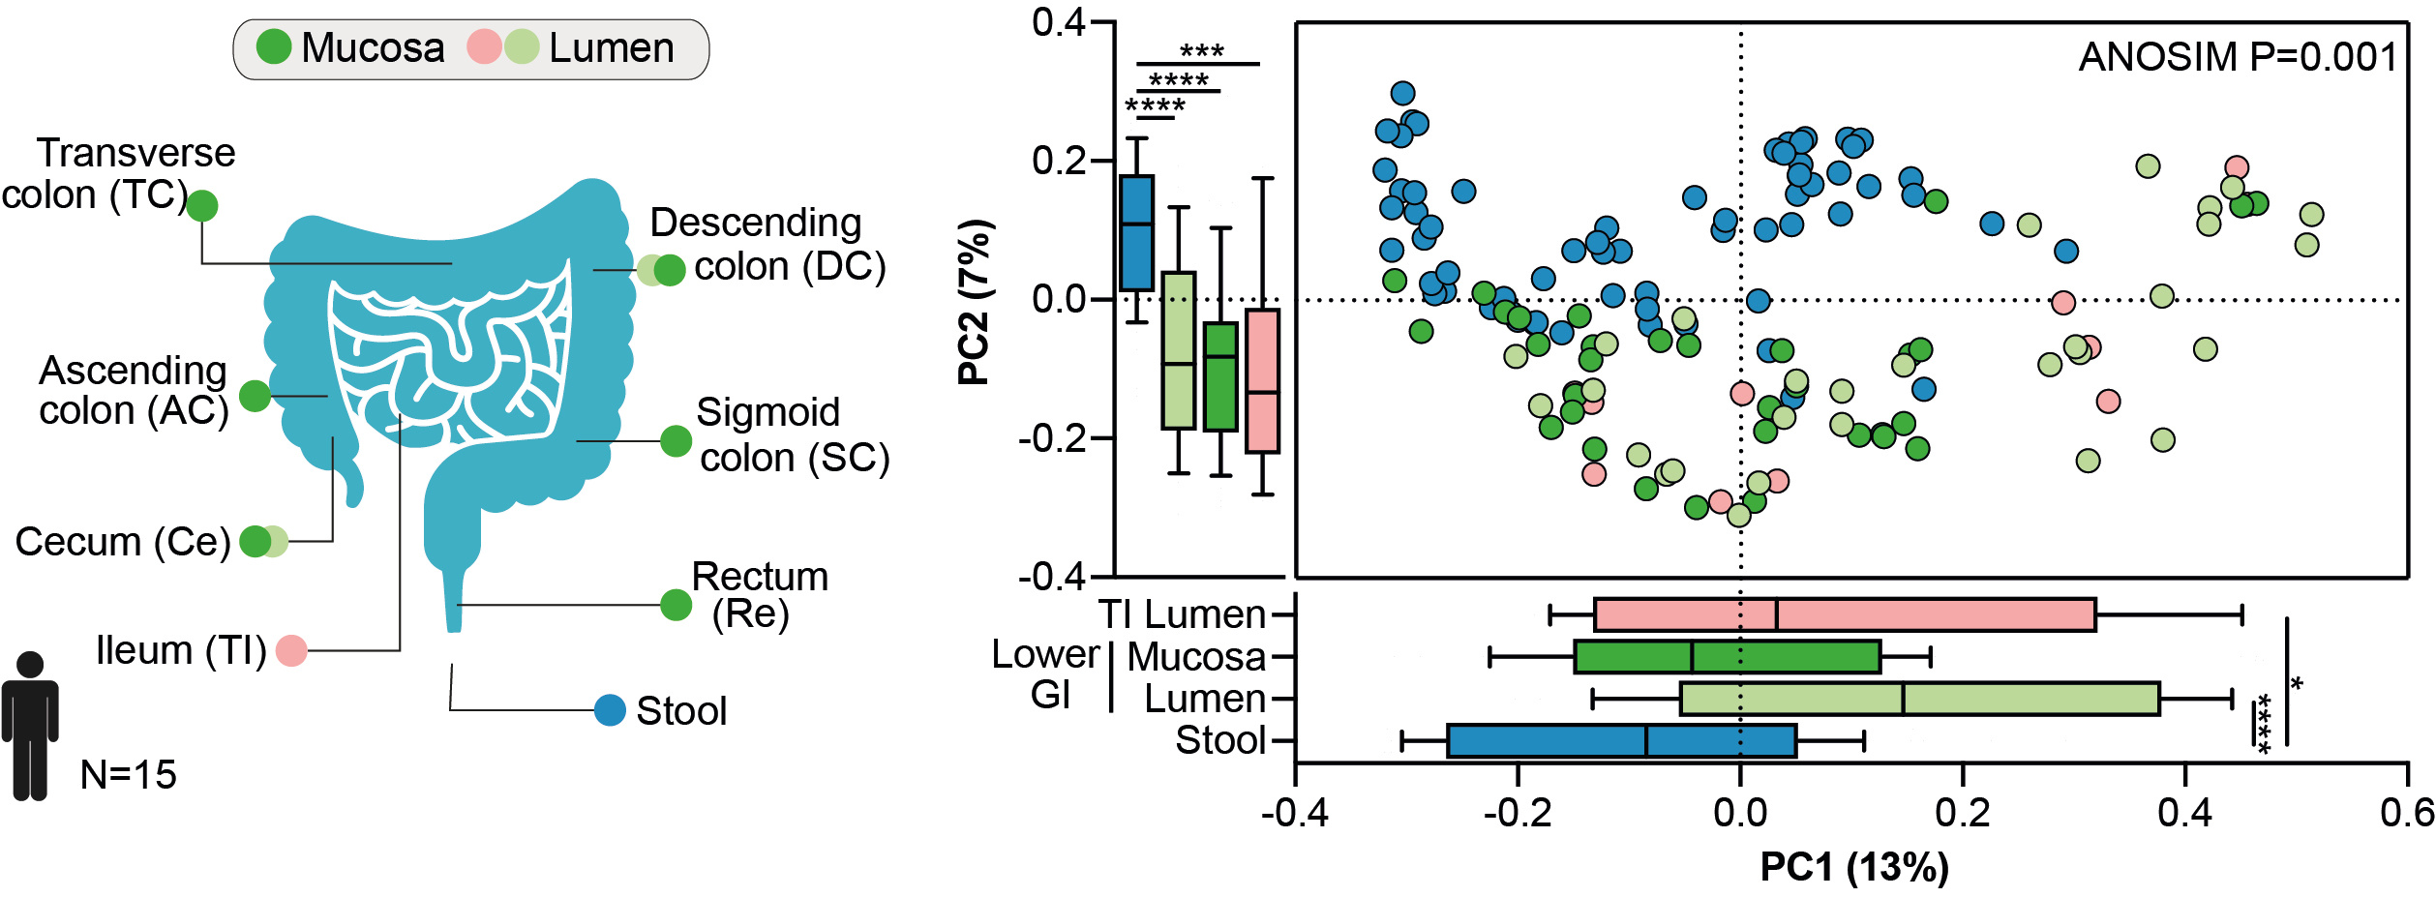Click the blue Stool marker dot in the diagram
610,710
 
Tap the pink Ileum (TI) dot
291,650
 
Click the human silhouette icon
30,726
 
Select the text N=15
128,775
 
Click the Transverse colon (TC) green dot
201,205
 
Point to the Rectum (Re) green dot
676,605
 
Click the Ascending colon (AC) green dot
255,395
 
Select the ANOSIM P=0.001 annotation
2237,57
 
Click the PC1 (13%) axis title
1853,866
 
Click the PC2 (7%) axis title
975,302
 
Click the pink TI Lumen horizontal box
1844,614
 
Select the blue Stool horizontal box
1621,740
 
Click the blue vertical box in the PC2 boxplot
1136,232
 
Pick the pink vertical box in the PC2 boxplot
1262,380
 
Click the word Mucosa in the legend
373,47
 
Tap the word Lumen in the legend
611,47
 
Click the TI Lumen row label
1182,614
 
